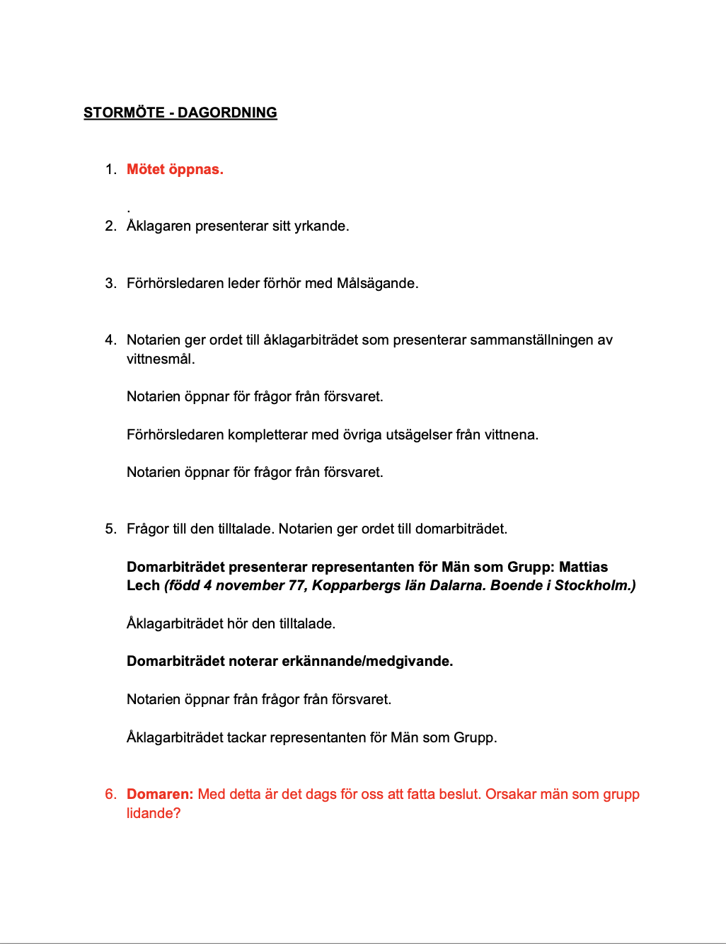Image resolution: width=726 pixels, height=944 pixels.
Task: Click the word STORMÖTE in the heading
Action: [x=124, y=113]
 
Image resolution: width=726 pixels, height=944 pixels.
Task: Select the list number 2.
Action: [x=110, y=226]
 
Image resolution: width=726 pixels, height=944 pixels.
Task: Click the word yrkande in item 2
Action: [x=321, y=226]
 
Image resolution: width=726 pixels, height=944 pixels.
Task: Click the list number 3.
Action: [x=110, y=283]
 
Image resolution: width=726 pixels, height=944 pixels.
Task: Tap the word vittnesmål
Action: [x=161, y=359]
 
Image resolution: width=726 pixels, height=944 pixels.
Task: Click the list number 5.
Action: [x=110, y=529]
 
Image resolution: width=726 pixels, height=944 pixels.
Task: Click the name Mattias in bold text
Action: [x=583, y=567]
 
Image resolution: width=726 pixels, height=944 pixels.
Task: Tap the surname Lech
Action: [x=143, y=585]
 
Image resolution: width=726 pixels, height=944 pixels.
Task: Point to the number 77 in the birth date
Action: [x=296, y=585]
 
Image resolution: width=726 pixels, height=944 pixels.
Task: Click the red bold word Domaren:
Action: [x=159, y=794]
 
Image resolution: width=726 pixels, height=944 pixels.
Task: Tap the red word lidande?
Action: [x=154, y=813]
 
